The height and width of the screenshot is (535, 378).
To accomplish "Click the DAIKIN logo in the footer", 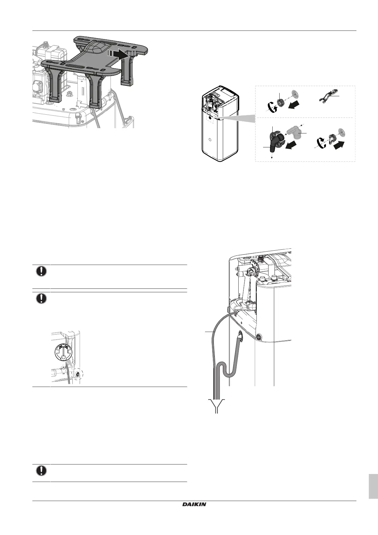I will click(x=194, y=505).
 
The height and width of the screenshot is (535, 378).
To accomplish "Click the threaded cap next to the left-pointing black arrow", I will click(x=280, y=102).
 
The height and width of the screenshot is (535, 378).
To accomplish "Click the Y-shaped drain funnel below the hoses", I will click(x=217, y=405).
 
